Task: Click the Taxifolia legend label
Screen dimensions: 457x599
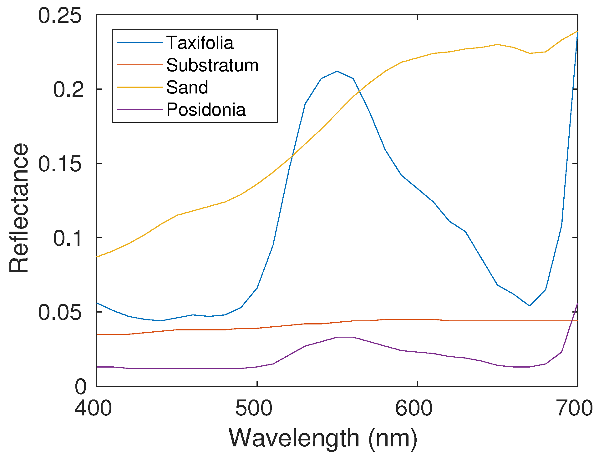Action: (x=200, y=43)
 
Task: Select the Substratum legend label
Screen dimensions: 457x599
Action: (x=212, y=65)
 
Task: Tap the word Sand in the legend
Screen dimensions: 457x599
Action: (x=187, y=88)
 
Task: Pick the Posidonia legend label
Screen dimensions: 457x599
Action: (x=206, y=110)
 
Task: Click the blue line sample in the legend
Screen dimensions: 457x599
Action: (x=140, y=43)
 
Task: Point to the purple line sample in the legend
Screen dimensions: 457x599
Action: (x=140, y=110)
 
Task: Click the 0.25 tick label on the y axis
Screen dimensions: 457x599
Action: (x=59, y=16)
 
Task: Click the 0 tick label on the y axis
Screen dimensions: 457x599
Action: (x=80, y=387)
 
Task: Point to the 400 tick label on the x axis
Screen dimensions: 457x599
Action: (x=93, y=408)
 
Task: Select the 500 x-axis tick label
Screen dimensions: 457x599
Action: (x=254, y=408)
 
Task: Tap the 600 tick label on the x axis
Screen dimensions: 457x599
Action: (x=414, y=408)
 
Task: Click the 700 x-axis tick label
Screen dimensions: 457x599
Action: (x=574, y=408)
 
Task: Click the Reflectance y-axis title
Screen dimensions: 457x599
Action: (x=19, y=208)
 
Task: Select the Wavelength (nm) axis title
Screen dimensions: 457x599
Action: (x=323, y=438)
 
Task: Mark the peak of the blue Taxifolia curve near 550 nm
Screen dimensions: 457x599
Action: (x=337, y=71)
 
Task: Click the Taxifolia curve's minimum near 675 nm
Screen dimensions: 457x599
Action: (x=529, y=306)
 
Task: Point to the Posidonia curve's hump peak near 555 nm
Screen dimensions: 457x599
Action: (x=345, y=337)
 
